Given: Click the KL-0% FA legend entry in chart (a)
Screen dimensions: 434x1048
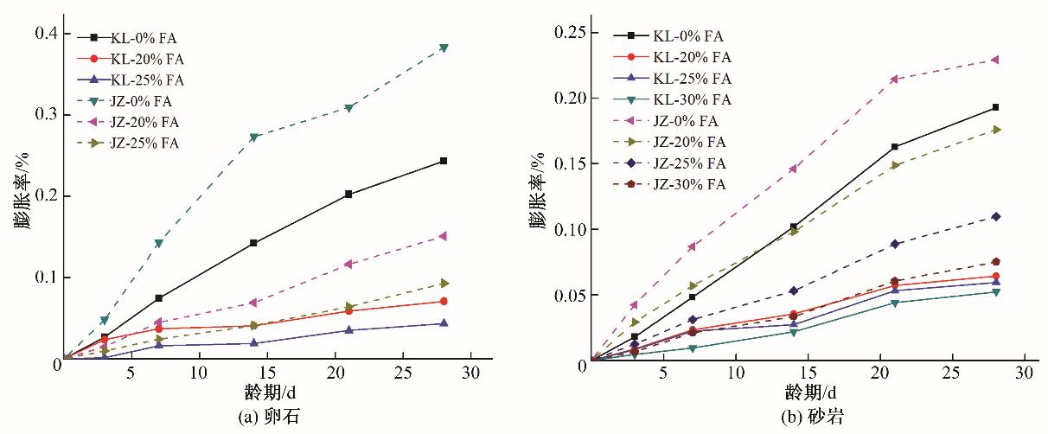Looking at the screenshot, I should (130, 38).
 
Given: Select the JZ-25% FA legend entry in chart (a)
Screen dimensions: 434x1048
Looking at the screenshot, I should (130, 143).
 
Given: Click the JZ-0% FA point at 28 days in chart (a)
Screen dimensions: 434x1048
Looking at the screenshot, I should (444, 48).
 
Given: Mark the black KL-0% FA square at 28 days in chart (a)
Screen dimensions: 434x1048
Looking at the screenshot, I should (444, 161).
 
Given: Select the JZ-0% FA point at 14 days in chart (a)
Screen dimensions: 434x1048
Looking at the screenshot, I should (253, 137).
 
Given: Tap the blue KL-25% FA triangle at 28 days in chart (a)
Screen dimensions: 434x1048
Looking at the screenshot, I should (444, 323).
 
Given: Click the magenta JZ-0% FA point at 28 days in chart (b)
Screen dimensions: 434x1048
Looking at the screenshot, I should (996, 60).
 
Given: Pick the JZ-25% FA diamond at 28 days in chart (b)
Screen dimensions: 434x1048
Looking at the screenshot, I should (996, 216).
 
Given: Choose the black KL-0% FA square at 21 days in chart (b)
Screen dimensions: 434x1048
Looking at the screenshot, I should (895, 147).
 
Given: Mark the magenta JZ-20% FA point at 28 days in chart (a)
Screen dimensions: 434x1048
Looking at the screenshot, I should (444, 236).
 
